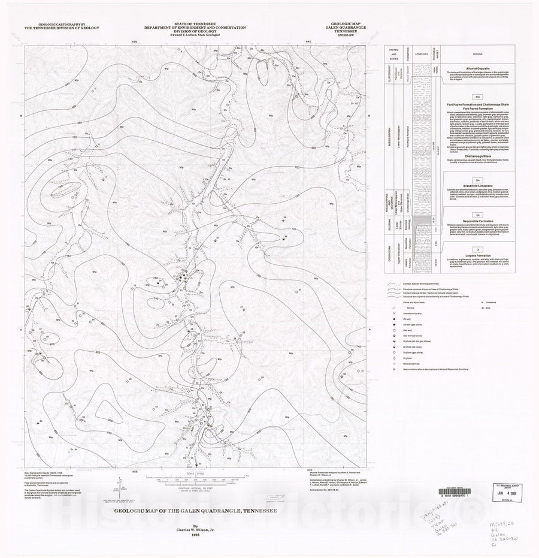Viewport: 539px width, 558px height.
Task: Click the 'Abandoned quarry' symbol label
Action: coord(407,319)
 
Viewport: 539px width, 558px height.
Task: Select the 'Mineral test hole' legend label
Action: coord(407,364)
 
